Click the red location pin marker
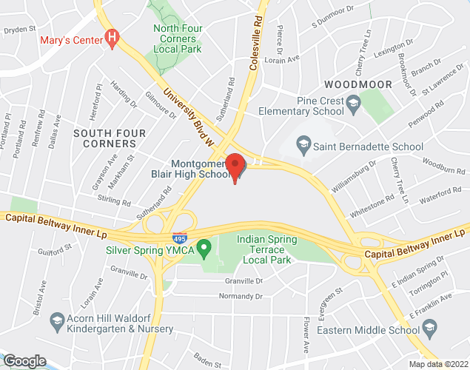click(x=235, y=166)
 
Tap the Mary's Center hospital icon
click(x=113, y=36)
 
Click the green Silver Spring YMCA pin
click(x=207, y=246)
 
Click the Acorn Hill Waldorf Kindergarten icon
click(x=56, y=320)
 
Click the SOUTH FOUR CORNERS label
click(x=109, y=138)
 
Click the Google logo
click(x=24, y=360)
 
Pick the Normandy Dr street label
click(x=241, y=296)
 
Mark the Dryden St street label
click(x=19, y=30)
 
